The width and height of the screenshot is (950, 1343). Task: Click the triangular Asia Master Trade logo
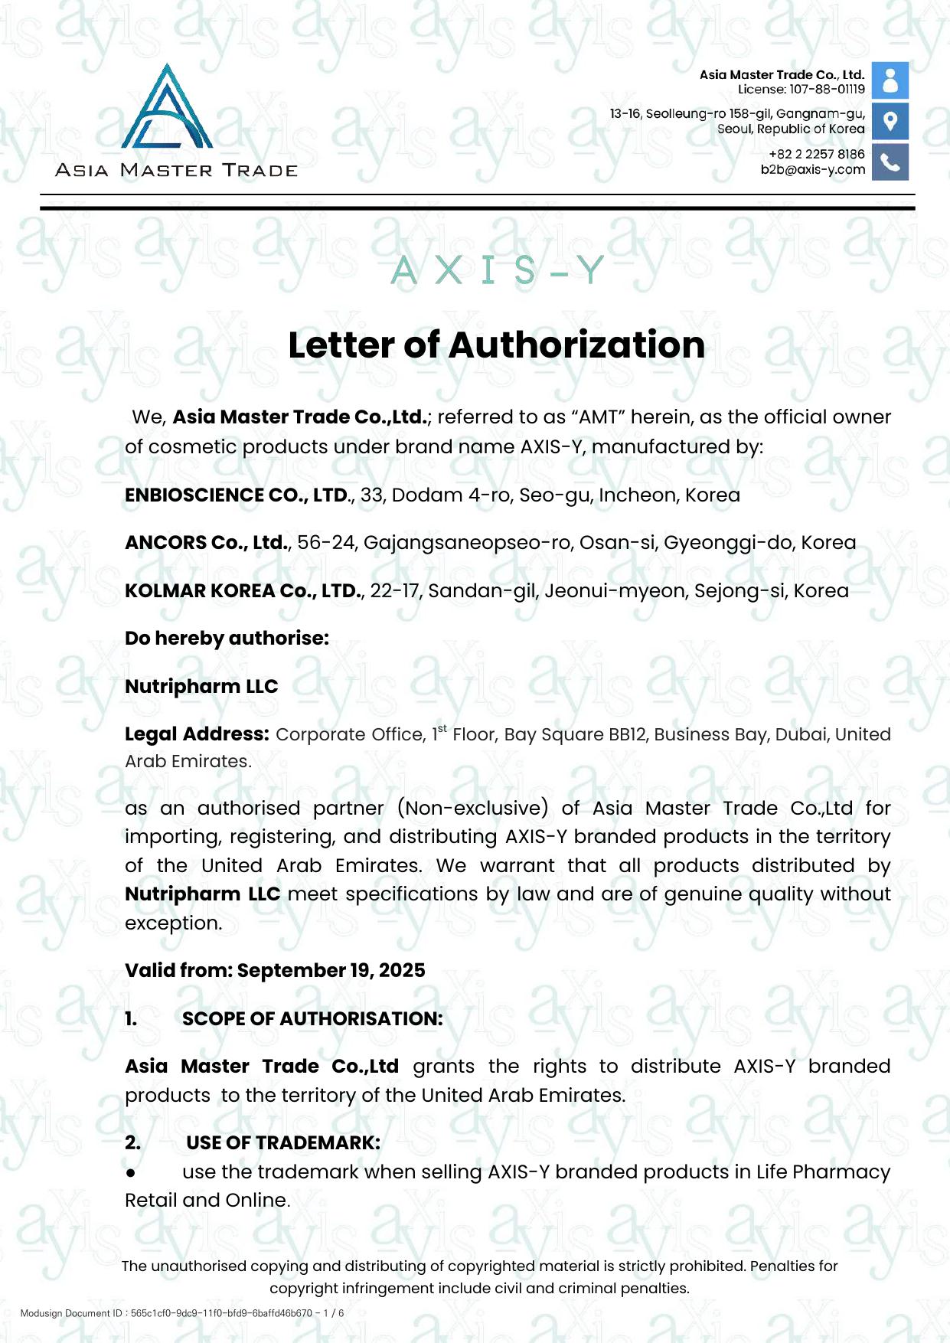(167, 109)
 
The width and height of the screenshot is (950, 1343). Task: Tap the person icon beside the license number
(890, 80)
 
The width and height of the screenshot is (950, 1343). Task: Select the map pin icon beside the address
(890, 121)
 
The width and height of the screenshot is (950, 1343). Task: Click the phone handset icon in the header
(890, 162)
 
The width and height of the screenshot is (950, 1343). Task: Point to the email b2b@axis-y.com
(812, 170)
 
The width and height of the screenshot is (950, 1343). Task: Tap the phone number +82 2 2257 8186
(816, 154)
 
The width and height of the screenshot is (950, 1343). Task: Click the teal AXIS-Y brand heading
(498, 270)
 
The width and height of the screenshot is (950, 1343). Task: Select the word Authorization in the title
(577, 345)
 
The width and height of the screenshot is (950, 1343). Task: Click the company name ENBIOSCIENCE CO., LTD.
(237, 495)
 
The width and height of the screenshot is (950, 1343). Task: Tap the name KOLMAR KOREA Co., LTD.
(243, 591)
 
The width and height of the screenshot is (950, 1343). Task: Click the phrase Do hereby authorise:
(227, 639)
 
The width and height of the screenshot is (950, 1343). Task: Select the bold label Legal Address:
(197, 734)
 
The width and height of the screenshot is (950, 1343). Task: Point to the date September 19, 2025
(331, 971)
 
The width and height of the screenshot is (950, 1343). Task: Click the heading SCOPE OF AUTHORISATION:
(312, 1019)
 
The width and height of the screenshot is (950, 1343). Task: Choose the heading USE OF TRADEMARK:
(282, 1143)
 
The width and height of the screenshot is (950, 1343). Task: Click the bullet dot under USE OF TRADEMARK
(131, 1173)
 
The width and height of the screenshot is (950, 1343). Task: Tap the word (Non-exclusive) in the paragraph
(472, 809)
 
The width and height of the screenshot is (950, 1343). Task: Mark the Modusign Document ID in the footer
(182, 1313)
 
